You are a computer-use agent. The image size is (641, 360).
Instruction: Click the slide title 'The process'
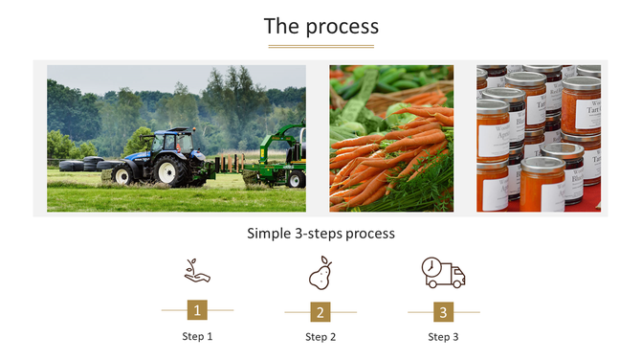coord(320,27)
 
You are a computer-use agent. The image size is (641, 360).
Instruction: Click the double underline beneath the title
coord(320,45)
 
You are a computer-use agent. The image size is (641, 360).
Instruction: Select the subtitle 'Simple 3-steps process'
coord(320,233)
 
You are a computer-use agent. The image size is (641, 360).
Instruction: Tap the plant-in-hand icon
coord(197,272)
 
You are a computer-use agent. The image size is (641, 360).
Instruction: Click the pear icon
coord(320,273)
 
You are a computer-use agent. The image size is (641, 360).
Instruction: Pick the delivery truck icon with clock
coord(443,273)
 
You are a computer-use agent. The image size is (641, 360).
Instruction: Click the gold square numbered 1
coord(197,310)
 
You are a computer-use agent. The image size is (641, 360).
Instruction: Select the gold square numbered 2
coord(320,311)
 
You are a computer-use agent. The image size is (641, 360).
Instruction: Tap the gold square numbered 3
coord(443,311)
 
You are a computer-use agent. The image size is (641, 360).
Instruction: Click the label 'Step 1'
coord(197,336)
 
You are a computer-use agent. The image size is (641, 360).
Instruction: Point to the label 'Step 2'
coord(320,337)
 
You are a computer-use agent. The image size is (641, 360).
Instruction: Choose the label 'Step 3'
coord(443,337)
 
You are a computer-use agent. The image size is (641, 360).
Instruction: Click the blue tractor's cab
coord(175,144)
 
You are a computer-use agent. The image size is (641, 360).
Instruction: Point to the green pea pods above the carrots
coord(383,81)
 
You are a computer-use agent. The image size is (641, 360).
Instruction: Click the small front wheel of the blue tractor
coord(122,175)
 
